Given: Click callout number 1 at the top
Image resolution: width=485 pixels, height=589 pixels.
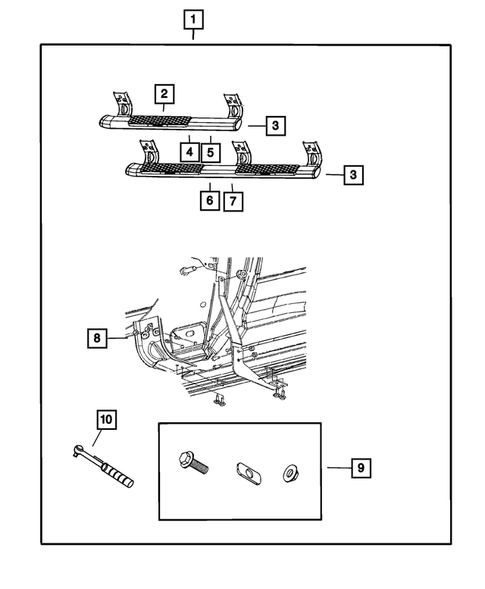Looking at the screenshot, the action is [193, 20].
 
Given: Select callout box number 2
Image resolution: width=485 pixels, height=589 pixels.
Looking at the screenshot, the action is [164, 94].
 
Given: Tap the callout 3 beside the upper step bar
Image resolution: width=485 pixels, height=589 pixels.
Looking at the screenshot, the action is [275, 125].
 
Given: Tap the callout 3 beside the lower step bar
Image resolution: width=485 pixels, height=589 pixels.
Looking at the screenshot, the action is [353, 175].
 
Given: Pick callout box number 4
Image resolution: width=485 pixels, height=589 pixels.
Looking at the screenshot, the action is [190, 153].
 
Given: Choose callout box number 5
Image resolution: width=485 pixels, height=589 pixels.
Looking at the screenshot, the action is [210, 153].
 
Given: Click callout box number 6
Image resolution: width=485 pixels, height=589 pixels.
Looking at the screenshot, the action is [210, 201].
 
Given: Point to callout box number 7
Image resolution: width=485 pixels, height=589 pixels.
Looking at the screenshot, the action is [233, 201].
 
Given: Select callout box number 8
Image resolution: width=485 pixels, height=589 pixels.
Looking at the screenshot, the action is [97, 338].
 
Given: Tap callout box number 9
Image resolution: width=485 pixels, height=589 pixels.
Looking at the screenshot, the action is [361, 468].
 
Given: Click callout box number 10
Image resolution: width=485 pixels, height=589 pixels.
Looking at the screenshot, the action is [106, 420].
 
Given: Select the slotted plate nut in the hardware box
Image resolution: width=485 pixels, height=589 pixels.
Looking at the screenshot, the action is [249, 473].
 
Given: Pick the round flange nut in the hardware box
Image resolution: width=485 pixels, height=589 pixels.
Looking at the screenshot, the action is [290, 473].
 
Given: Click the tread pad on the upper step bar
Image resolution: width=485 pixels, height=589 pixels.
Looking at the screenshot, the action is [160, 121].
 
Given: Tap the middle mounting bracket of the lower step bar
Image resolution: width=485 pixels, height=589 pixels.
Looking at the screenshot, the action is [241, 154].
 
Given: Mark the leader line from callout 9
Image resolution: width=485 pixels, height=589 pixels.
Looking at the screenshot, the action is [339, 468].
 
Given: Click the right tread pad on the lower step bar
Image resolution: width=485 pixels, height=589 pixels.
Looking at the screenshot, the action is [267, 169].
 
